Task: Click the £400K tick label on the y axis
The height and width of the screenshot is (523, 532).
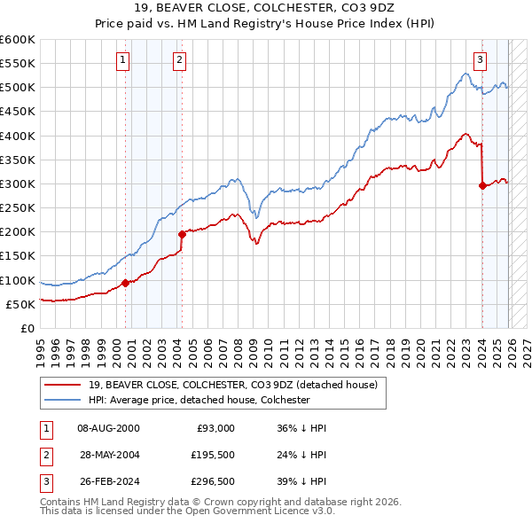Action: pyautogui.click(x=18, y=136)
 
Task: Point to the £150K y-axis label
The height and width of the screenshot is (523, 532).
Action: pyautogui.click(x=18, y=256)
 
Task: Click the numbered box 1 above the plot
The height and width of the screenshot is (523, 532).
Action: pyautogui.click(x=122, y=60)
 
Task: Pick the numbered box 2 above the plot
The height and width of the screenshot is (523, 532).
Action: pyautogui.click(x=179, y=60)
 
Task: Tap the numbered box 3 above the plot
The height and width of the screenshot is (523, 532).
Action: pyautogui.click(x=480, y=60)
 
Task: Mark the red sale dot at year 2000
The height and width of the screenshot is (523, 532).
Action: pyautogui.click(x=125, y=284)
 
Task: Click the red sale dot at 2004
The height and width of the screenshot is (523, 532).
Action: pyautogui.click(x=182, y=234)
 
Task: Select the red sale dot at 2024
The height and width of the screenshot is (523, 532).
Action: pyautogui.click(x=482, y=186)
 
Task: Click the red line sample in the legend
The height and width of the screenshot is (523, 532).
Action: pyautogui.click(x=63, y=385)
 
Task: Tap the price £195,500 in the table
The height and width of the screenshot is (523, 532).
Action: pyautogui.click(x=214, y=456)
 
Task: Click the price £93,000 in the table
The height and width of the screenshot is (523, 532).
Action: pyautogui.click(x=214, y=427)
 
